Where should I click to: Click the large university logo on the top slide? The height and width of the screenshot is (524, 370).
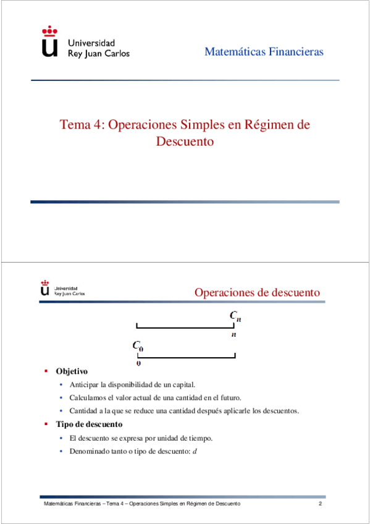pos(50,42)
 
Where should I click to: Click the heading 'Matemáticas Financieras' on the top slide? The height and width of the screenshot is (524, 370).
pos(264,52)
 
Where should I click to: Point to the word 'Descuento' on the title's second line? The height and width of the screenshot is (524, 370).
pos(185,141)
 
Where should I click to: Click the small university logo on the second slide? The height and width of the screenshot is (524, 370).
pos(44,289)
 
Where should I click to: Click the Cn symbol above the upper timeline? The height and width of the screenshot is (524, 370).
pos(235,316)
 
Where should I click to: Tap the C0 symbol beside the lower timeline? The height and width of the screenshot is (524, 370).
pos(138,346)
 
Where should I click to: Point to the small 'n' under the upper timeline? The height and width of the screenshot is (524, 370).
pos(233,334)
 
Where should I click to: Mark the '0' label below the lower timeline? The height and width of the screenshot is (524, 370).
pos(138,363)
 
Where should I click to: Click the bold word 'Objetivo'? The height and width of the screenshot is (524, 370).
pos(72,371)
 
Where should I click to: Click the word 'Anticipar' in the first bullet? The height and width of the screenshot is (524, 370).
pos(84,384)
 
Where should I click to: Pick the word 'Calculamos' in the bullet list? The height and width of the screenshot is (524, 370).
pos(88,397)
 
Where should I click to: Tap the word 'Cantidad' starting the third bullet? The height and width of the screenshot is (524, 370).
pos(83,411)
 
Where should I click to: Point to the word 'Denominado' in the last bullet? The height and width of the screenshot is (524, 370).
pos(90,451)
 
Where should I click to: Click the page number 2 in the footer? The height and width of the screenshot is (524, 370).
pos(321,505)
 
